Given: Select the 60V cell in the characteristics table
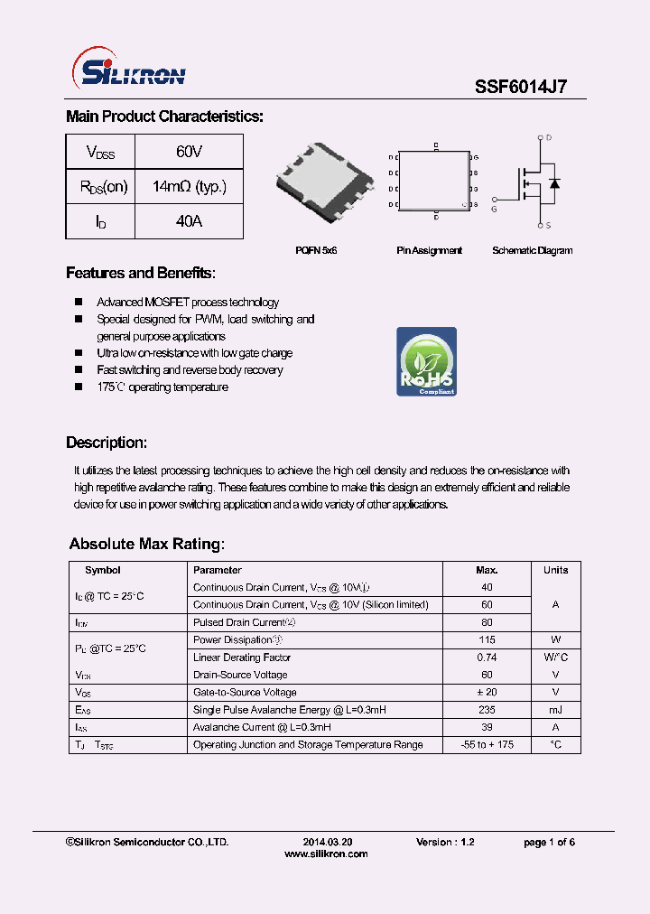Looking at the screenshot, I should (x=189, y=152).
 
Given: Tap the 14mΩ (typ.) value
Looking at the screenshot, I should (x=189, y=187).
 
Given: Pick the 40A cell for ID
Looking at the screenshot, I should (x=189, y=221).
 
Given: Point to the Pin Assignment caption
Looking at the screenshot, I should (x=429, y=250).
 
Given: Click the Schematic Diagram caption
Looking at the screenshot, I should (x=532, y=250).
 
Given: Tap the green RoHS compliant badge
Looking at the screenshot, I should (x=426, y=361).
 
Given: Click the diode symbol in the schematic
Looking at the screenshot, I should (x=554, y=183).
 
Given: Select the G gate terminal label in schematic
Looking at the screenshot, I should (x=494, y=209).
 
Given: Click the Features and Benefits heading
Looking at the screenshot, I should (x=141, y=274).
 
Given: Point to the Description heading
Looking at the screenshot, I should (x=107, y=443).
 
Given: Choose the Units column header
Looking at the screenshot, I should (x=555, y=570).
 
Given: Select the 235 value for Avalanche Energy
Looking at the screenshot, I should (x=487, y=710).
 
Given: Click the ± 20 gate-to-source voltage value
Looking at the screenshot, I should (x=487, y=692).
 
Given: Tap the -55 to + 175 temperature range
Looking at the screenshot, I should (x=487, y=745).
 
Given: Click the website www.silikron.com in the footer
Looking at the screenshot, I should (x=326, y=853).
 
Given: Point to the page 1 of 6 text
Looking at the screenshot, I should (x=549, y=842).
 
